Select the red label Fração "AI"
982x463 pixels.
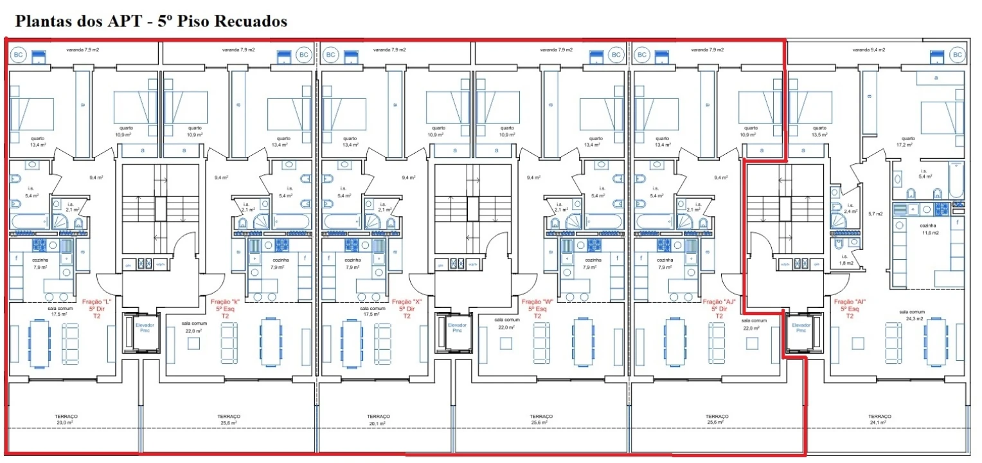(x=850, y=301)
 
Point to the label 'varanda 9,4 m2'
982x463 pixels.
(x=869, y=50)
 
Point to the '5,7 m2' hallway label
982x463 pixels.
(x=876, y=213)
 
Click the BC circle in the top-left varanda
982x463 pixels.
(x=19, y=55)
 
